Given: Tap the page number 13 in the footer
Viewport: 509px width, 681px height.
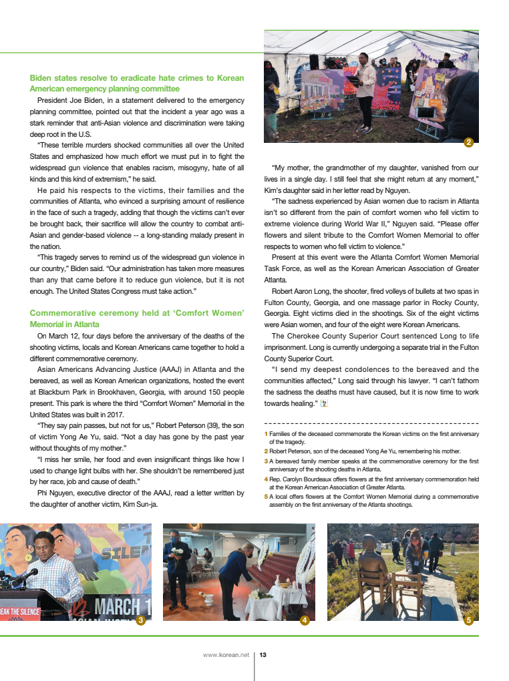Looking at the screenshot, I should [x=263, y=656].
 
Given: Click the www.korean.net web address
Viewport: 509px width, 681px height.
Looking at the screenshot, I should [x=225, y=656].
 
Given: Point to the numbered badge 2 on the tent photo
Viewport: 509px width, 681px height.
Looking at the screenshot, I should [x=469, y=142].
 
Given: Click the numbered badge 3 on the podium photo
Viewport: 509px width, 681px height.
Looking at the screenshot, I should [x=140, y=620].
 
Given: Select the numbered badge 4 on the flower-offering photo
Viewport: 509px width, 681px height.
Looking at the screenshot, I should [x=305, y=620].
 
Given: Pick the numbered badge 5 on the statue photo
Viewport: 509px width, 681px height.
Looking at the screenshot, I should [x=469, y=620].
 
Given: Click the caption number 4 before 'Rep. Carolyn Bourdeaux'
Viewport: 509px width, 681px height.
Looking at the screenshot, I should [x=266, y=479].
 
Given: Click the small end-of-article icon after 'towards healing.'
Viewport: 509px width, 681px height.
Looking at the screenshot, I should [x=325, y=403].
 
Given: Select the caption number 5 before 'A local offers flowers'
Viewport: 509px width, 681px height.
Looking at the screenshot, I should [x=266, y=497].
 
